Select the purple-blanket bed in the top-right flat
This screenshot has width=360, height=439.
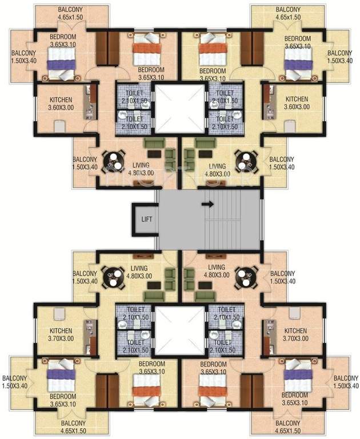(x=297, y=58)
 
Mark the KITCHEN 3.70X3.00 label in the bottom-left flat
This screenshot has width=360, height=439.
(x=62, y=336)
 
